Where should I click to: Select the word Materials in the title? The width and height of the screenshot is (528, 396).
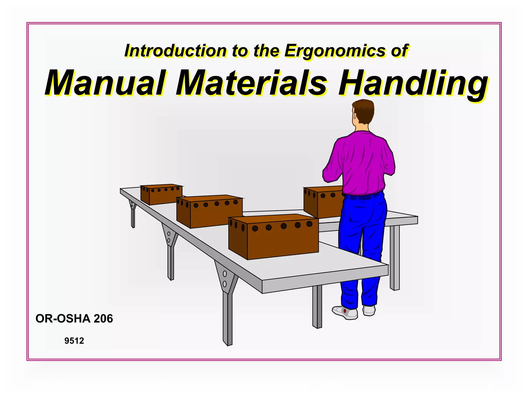coord(251,83)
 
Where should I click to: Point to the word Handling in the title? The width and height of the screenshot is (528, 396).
coord(412,83)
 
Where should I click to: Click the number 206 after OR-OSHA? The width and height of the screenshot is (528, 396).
coord(103,319)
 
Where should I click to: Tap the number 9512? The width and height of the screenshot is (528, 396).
coord(74,341)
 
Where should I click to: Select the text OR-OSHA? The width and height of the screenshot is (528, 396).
coord(63,319)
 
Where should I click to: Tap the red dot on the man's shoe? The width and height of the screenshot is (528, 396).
coord(345,311)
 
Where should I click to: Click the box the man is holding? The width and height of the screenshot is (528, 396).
coord(324,202)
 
